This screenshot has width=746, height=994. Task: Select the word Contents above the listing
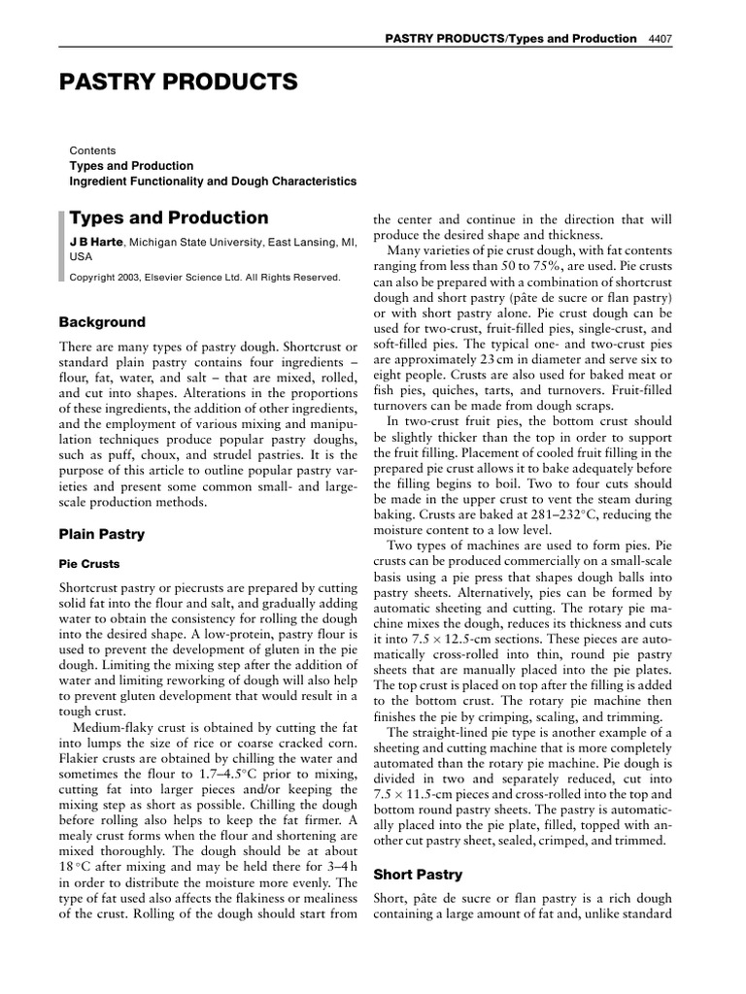[x=92, y=150]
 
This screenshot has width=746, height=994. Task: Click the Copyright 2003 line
[x=205, y=277]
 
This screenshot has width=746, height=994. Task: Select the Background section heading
[x=102, y=322]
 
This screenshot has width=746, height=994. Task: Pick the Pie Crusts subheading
[x=90, y=563]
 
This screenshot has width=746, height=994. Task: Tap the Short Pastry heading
[x=419, y=875]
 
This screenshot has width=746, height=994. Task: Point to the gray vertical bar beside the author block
[x=62, y=248]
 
